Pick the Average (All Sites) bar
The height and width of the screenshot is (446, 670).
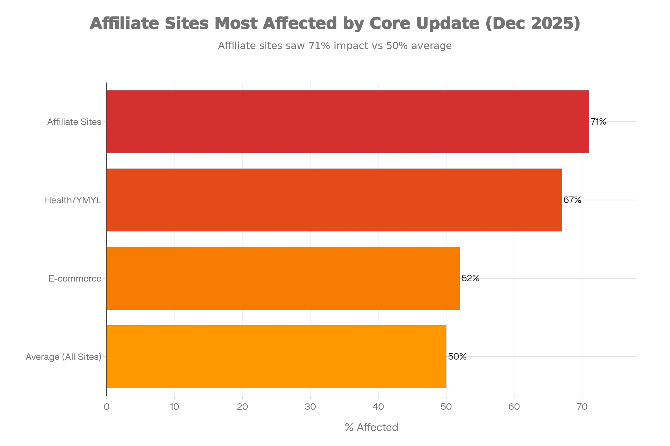coord(276,357)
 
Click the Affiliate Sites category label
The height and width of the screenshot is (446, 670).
coord(74,122)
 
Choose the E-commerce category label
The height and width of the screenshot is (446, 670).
coord(75,280)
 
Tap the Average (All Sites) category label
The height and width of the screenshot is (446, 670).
coord(63,357)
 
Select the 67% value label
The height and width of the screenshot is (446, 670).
coord(571,200)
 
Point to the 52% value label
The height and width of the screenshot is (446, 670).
coord(470,279)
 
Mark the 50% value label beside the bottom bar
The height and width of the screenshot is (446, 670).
coord(457,357)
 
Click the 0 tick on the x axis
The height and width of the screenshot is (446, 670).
coord(106,407)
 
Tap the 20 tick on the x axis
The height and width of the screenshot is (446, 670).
coord(242,407)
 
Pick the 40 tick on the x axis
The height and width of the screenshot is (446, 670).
coord(378,407)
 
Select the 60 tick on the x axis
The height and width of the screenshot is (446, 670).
coord(515,407)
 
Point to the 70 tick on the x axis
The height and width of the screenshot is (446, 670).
coord(582,407)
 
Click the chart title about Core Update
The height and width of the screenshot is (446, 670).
coord(335,23)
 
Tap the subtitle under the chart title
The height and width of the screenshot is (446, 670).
coord(335,45)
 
